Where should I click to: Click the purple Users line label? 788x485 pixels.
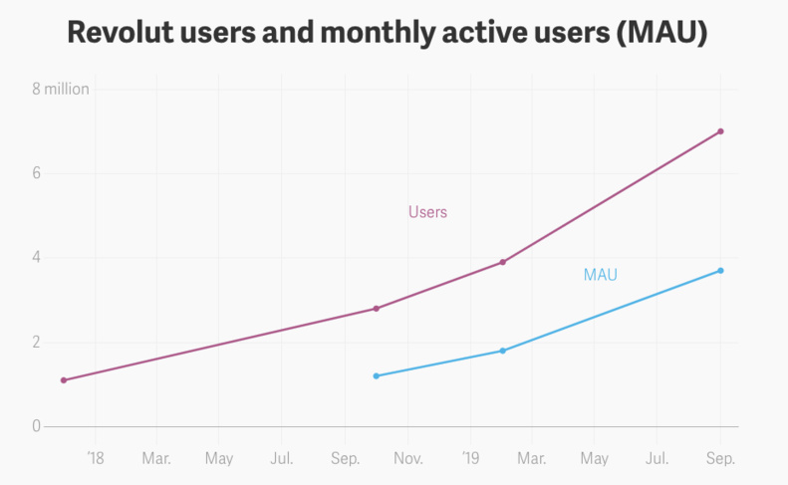click(x=427, y=212)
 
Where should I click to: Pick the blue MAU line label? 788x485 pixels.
click(x=600, y=275)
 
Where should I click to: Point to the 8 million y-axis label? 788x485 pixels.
click(x=61, y=89)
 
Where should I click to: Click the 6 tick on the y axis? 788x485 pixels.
click(x=36, y=173)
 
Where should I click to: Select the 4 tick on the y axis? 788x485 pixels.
click(x=36, y=258)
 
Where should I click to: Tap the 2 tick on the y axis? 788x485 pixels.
click(x=36, y=343)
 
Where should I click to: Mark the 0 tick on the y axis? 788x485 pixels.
click(x=36, y=426)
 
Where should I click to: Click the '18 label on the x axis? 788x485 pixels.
click(x=95, y=459)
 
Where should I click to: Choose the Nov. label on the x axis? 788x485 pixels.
click(x=408, y=459)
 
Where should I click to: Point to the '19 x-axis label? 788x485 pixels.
click(x=471, y=459)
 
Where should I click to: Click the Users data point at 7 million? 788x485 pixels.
click(x=720, y=131)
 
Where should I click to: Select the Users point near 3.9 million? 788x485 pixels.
click(x=502, y=262)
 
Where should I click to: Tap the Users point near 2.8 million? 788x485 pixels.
click(x=376, y=309)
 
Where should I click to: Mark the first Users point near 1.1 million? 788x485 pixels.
click(x=64, y=380)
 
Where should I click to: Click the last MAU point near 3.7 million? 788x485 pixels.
click(x=720, y=271)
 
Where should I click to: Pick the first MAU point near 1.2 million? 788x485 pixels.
click(x=376, y=375)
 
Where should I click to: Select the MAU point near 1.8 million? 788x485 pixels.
click(x=502, y=351)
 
